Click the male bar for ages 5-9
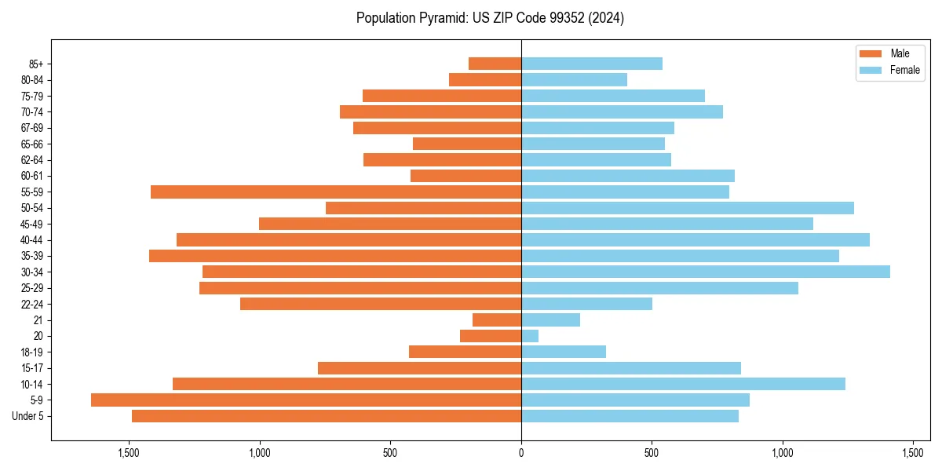click(x=306, y=400)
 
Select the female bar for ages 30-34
click(x=705, y=272)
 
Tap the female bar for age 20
click(x=530, y=336)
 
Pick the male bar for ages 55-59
click(x=336, y=192)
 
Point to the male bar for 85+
click(x=495, y=64)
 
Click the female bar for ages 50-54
click(x=687, y=208)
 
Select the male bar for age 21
click(x=497, y=320)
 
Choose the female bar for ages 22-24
click(x=586, y=304)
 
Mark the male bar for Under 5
click(x=327, y=416)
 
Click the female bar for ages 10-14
click(x=683, y=384)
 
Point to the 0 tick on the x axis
click(x=521, y=453)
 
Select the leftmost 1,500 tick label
click(x=129, y=453)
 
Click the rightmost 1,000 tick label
click(x=782, y=453)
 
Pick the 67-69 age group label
click(x=32, y=128)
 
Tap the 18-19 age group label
click(x=32, y=352)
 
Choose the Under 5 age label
click(x=28, y=416)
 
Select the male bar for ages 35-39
click(x=335, y=256)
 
